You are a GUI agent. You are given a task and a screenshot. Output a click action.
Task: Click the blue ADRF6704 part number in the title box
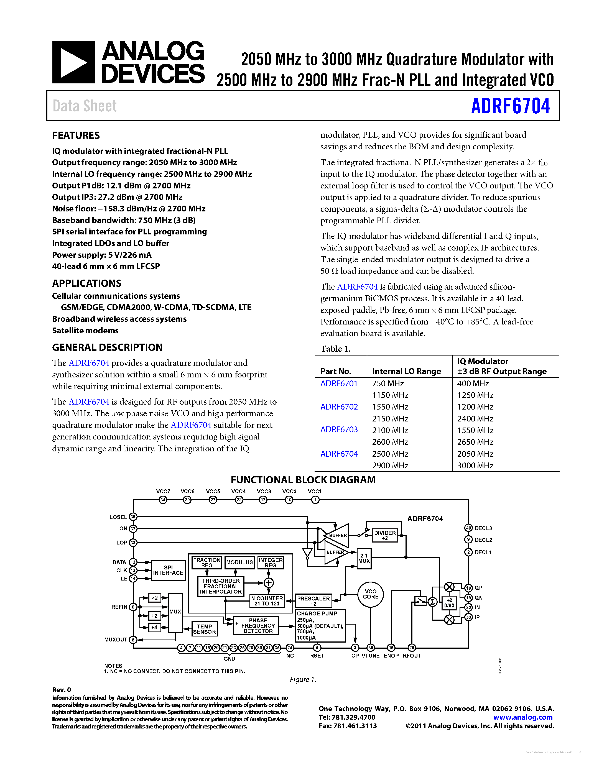tap(510, 106)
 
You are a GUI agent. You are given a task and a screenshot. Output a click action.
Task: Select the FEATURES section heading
tap(76, 135)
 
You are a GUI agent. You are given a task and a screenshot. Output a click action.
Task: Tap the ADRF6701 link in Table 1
tap(339, 383)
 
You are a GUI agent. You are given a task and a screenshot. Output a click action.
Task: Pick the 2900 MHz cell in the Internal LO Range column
tap(390, 466)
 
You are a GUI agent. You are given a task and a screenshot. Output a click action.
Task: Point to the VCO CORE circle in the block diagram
tap(371, 594)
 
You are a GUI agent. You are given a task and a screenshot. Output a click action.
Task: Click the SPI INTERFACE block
tap(168, 570)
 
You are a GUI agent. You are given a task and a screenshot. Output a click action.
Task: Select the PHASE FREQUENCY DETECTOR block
tap(258, 626)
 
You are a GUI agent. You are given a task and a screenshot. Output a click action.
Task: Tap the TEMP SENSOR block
tap(205, 629)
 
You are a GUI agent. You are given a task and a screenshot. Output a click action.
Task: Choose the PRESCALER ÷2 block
tap(313, 601)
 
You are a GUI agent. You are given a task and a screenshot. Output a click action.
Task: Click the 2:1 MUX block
tap(364, 558)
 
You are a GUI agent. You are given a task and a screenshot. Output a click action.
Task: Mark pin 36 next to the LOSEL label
tap(133, 517)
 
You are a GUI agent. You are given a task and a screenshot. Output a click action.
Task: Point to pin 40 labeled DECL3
tap(468, 528)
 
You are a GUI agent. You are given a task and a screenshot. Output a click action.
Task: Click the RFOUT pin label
tap(412, 656)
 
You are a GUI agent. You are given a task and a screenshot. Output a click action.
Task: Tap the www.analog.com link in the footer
tap(523, 717)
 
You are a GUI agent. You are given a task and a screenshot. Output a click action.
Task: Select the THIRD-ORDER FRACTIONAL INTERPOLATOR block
tap(221, 586)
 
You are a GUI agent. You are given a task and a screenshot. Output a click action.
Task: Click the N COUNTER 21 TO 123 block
tap(267, 601)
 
